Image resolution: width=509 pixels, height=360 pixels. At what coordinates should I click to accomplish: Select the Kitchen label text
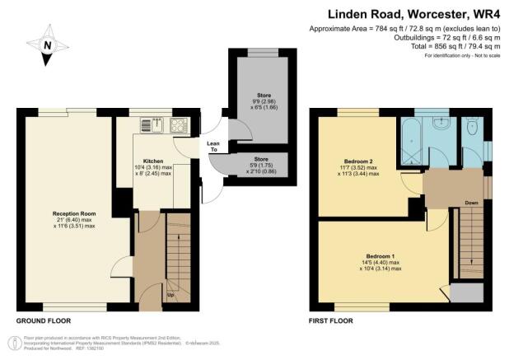point(153,161)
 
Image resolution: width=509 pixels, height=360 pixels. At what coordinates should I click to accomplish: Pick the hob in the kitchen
point(178,125)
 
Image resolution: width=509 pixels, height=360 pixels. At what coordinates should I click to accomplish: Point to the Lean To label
point(213,146)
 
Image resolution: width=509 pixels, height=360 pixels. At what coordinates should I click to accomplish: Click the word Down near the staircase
point(470,202)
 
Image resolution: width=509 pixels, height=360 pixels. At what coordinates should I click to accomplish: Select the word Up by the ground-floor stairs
point(170,294)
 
